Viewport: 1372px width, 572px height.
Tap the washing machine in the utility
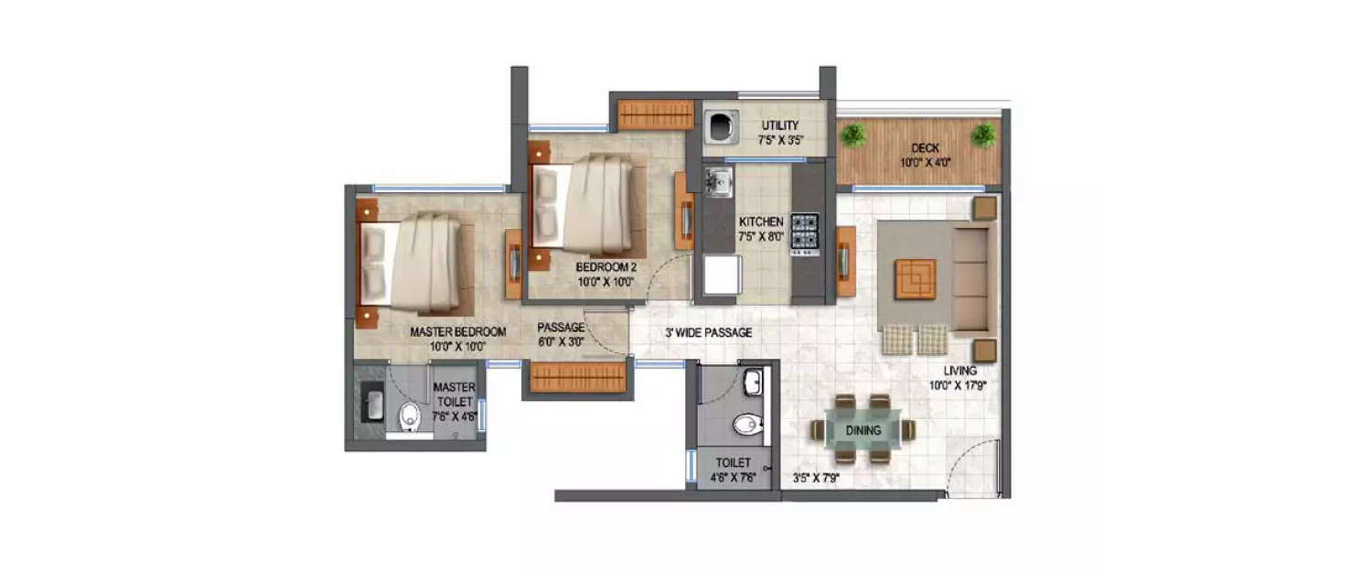[x=721, y=128]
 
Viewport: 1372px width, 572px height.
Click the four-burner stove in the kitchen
[x=805, y=232]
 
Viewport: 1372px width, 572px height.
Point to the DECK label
[x=925, y=148]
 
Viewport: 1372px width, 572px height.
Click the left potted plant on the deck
[x=853, y=135]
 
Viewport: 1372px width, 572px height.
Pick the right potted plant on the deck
[x=983, y=135]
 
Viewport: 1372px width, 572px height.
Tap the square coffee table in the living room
[x=916, y=278]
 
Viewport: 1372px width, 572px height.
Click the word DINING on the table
[x=863, y=430]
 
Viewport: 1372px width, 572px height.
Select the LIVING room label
[x=961, y=371]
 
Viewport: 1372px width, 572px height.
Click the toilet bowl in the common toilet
[x=747, y=425]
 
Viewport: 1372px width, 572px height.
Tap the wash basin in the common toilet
[x=752, y=382]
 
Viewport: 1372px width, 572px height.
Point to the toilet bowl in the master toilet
[x=409, y=417]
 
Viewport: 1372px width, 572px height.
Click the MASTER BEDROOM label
[x=457, y=331]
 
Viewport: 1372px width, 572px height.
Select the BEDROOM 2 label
[x=606, y=266]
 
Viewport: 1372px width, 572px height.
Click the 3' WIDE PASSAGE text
[x=708, y=332]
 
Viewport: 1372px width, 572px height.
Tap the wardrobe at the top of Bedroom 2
[x=655, y=114]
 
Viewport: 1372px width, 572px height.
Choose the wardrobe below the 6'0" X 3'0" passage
[x=577, y=377]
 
